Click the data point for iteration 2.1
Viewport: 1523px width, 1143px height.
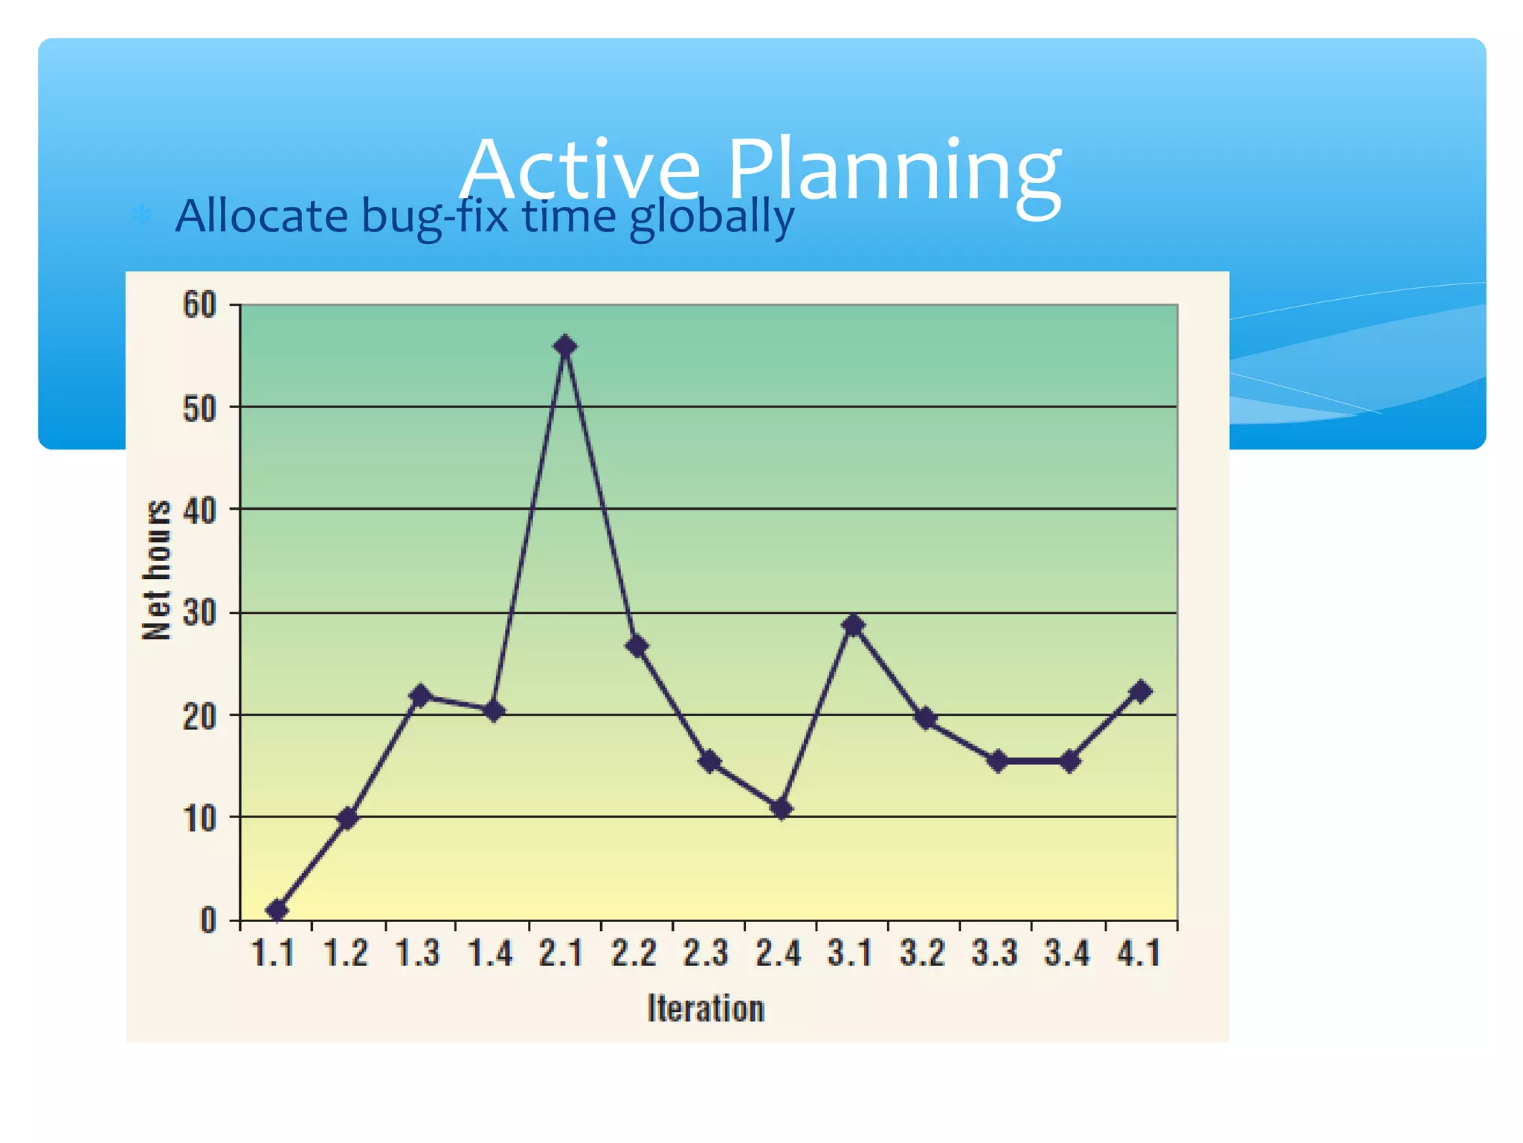pyautogui.click(x=565, y=346)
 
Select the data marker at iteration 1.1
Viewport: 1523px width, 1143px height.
pyautogui.click(x=277, y=910)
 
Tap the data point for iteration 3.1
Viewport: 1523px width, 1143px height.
pyautogui.click(x=854, y=625)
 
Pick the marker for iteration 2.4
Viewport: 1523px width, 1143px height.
pyautogui.click(x=781, y=809)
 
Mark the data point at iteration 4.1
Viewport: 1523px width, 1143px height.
pyautogui.click(x=1140, y=691)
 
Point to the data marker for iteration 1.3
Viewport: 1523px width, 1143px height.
pyautogui.click(x=420, y=697)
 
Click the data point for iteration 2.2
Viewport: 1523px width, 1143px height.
pyautogui.click(x=637, y=646)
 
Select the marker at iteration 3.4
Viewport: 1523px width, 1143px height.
pyautogui.click(x=1069, y=761)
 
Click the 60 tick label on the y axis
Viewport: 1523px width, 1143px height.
pyautogui.click(x=199, y=305)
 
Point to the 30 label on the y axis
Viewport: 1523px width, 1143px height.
pyautogui.click(x=199, y=613)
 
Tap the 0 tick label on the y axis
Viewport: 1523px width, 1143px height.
pyautogui.click(x=208, y=921)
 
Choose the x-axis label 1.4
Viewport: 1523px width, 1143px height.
pyautogui.click(x=490, y=953)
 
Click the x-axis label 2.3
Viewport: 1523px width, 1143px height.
pyautogui.click(x=706, y=953)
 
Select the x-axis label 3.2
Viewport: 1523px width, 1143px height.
pyautogui.click(x=922, y=953)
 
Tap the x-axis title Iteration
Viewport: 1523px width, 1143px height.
pyautogui.click(x=706, y=1008)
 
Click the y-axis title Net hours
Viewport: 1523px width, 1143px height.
pyautogui.click(x=157, y=570)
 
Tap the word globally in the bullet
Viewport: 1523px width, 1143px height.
pyautogui.click(x=712, y=217)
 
